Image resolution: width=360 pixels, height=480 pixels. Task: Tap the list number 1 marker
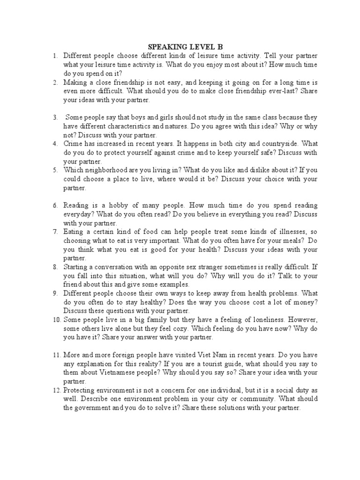[55, 56]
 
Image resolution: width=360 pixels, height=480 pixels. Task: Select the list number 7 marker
[55, 232]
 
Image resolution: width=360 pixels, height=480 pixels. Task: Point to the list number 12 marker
[56, 390]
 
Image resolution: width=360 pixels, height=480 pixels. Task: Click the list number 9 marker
[55, 293]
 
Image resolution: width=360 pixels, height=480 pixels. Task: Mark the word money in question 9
[305, 302]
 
